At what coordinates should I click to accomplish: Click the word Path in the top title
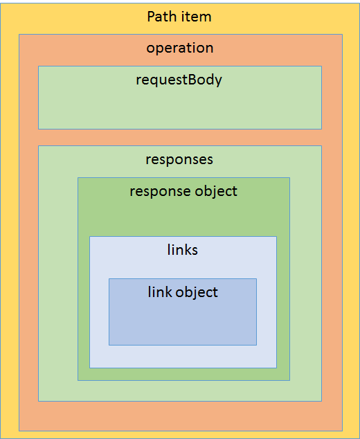click(161, 17)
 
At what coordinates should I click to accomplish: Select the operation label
click(180, 48)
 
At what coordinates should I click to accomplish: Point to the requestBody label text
click(179, 80)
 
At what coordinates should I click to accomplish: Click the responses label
click(179, 160)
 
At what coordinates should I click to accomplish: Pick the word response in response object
click(161, 192)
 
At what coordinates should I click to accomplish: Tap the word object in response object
click(216, 192)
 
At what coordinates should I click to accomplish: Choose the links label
click(183, 250)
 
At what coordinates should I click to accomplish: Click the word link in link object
click(160, 292)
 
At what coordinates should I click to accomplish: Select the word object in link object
click(197, 293)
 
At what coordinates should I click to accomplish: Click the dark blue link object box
click(183, 312)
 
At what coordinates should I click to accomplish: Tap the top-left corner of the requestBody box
click(38, 66)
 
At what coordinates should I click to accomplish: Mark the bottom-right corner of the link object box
click(257, 346)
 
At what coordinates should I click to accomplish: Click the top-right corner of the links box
click(277, 237)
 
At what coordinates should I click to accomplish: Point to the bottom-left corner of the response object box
click(78, 380)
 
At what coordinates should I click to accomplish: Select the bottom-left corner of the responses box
click(38, 401)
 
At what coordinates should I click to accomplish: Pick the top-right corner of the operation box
click(343, 35)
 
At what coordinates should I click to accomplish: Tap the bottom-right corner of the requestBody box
click(322, 129)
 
